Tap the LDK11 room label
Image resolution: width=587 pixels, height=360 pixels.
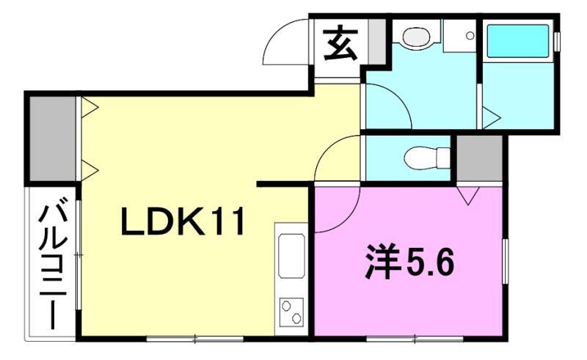[x=181, y=222]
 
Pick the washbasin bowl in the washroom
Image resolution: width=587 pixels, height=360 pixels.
[x=415, y=35]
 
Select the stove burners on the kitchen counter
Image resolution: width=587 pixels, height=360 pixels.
[x=291, y=312]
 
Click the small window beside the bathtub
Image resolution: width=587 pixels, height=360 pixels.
[x=556, y=40]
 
